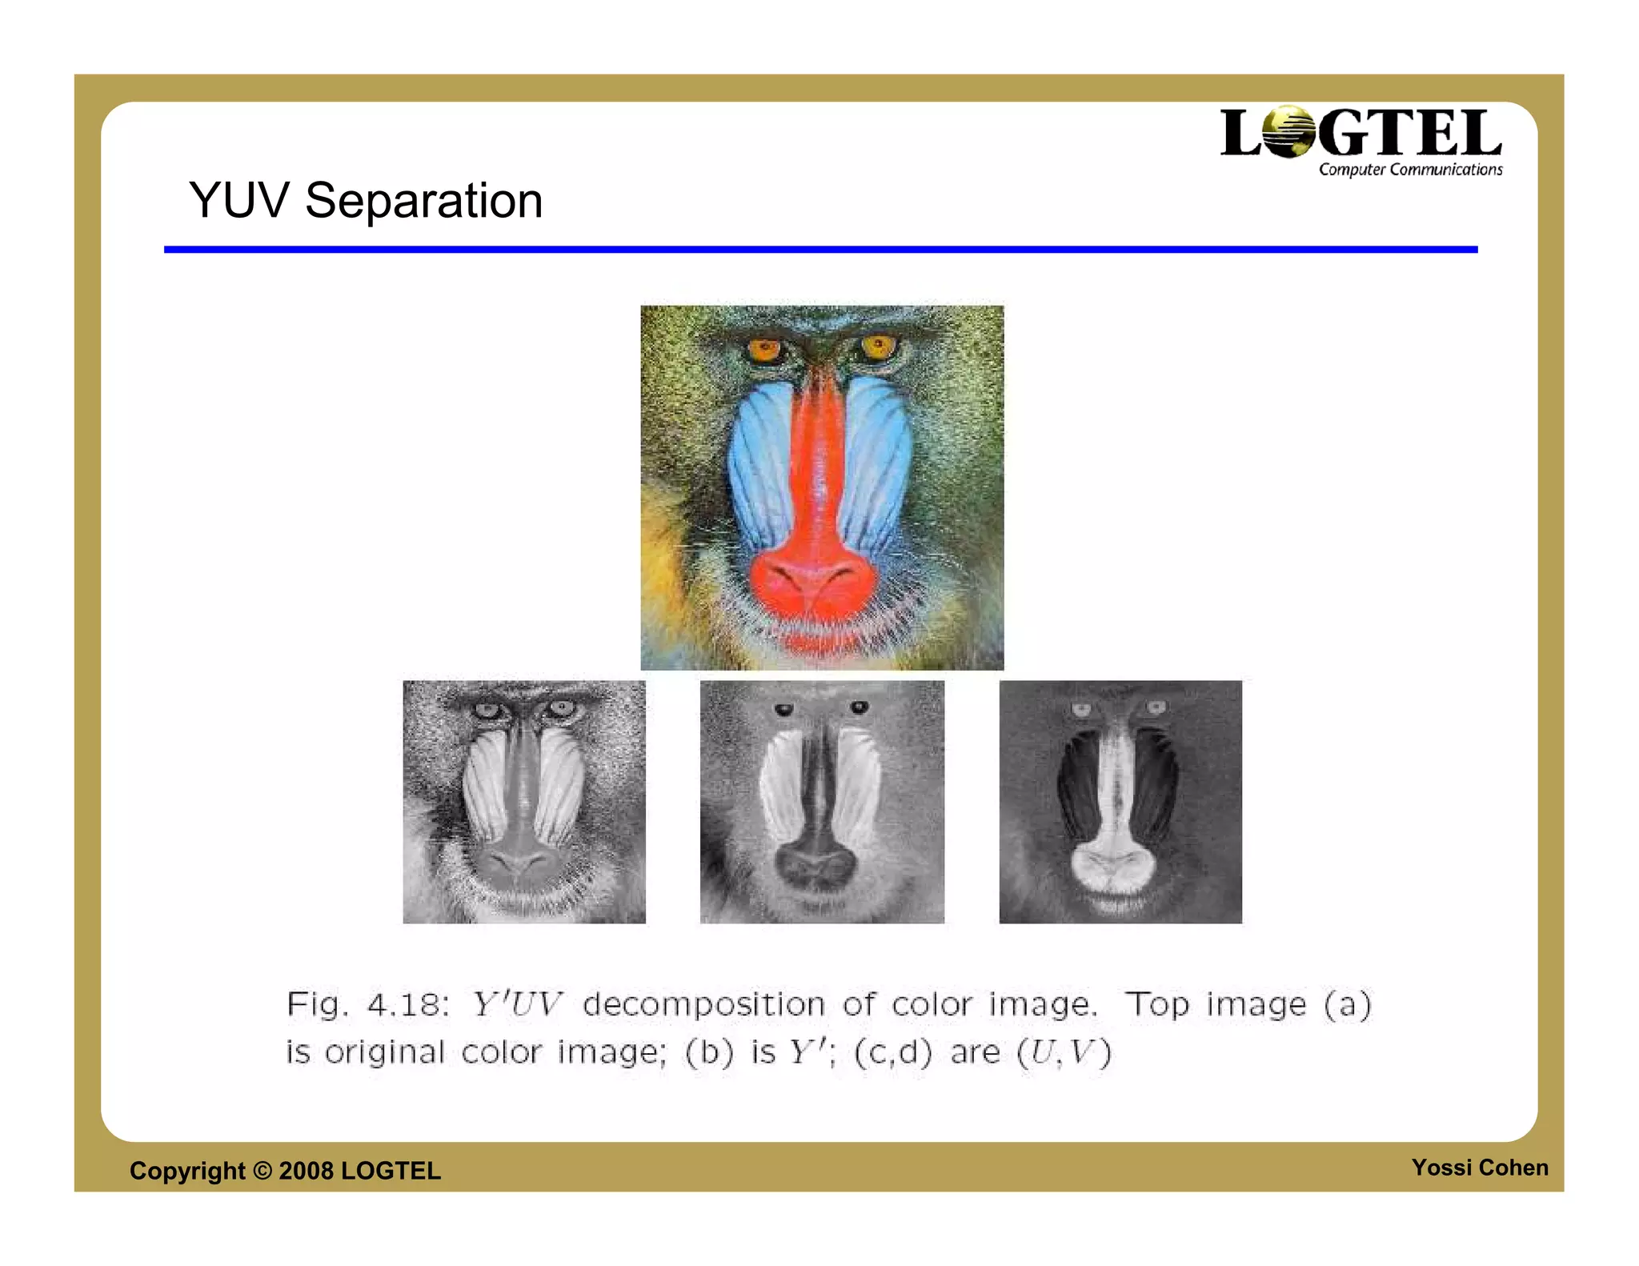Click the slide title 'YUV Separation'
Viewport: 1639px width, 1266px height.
(x=366, y=200)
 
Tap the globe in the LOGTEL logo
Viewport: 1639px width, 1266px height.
(x=1288, y=132)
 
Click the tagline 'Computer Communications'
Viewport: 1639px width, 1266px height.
(x=1410, y=170)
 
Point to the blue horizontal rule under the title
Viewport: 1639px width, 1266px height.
(x=820, y=250)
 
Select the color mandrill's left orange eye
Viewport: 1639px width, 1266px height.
(x=765, y=349)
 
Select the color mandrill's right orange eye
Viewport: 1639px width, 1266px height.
(x=878, y=347)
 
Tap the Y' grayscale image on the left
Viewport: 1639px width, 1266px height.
(x=524, y=802)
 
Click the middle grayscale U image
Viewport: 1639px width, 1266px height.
(x=822, y=802)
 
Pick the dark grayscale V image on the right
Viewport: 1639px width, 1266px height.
(x=1120, y=802)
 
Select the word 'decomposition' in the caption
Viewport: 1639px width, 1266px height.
(x=703, y=1004)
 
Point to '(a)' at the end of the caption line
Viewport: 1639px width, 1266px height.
(x=1348, y=1004)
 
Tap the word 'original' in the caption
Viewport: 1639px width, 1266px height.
(x=384, y=1052)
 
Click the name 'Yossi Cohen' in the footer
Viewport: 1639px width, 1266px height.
(x=1480, y=1168)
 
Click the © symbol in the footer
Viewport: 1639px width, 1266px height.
(x=262, y=1171)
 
